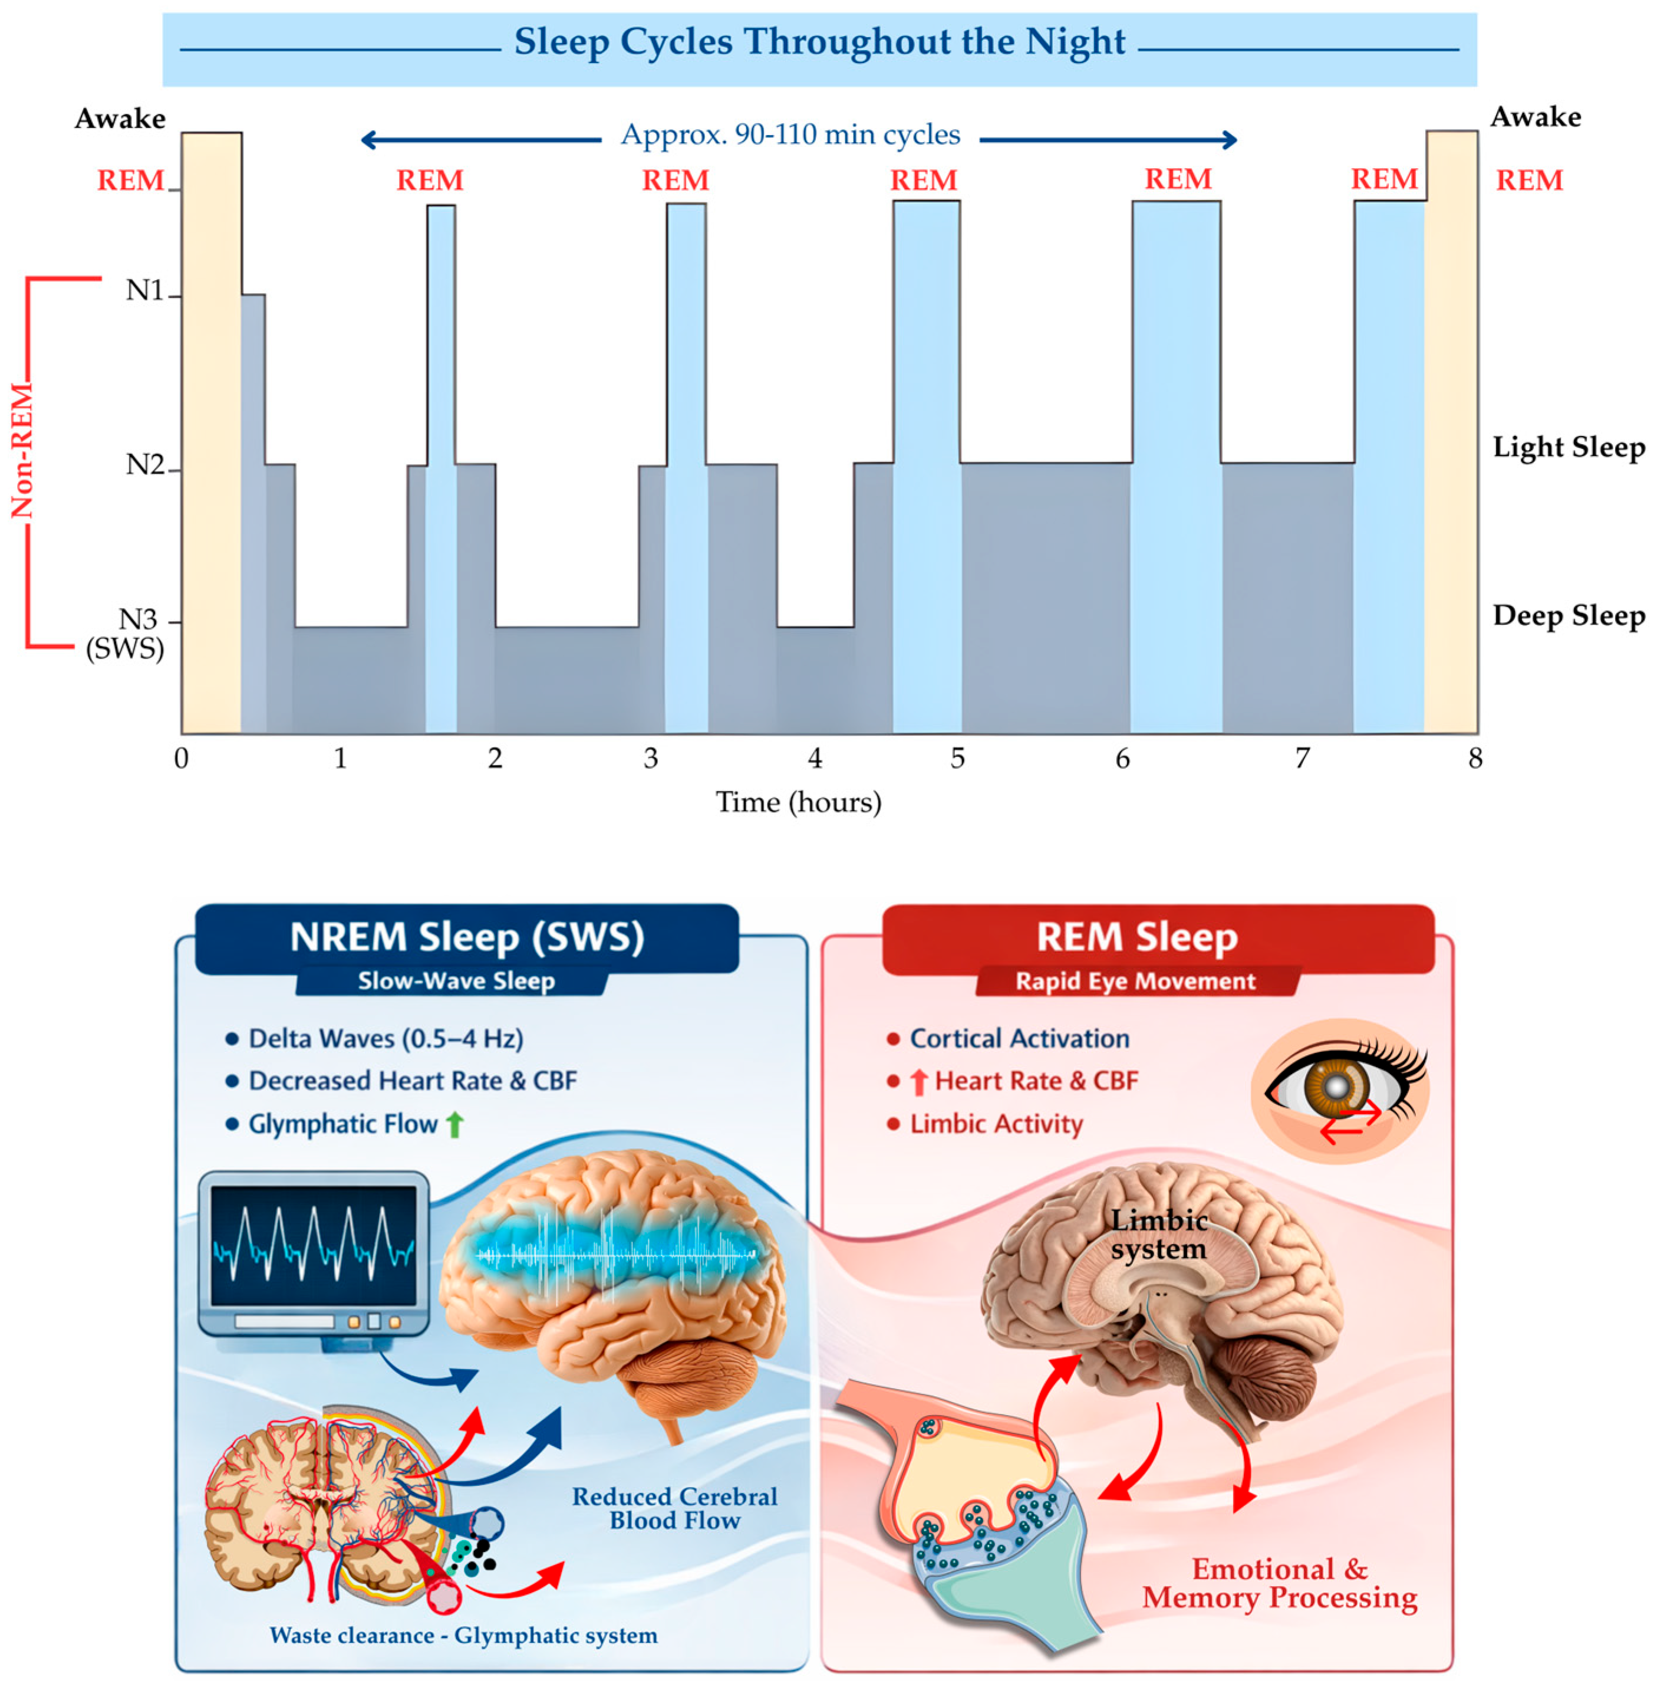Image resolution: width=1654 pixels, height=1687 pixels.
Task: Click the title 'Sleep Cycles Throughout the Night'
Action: point(819,42)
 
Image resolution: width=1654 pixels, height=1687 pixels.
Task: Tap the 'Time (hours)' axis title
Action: point(798,802)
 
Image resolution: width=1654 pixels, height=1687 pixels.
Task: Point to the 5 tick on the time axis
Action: point(957,759)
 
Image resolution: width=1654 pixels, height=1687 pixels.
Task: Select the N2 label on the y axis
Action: point(145,465)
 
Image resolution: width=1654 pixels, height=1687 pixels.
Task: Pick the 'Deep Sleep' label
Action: point(1568,615)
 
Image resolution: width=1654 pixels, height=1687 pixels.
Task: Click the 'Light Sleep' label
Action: point(1568,448)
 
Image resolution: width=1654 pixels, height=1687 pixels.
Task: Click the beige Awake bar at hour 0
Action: point(211,435)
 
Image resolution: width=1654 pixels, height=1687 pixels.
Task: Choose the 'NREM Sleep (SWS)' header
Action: point(467,937)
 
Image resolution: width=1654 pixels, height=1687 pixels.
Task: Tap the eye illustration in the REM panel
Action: point(1339,1090)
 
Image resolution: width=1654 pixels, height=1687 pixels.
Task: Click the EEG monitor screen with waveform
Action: point(314,1245)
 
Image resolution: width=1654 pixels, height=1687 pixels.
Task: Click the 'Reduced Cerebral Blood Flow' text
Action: point(674,1508)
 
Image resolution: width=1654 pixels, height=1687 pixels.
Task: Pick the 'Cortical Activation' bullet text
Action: point(1019,1039)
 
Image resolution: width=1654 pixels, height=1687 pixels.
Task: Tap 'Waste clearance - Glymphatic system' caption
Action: point(463,1636)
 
